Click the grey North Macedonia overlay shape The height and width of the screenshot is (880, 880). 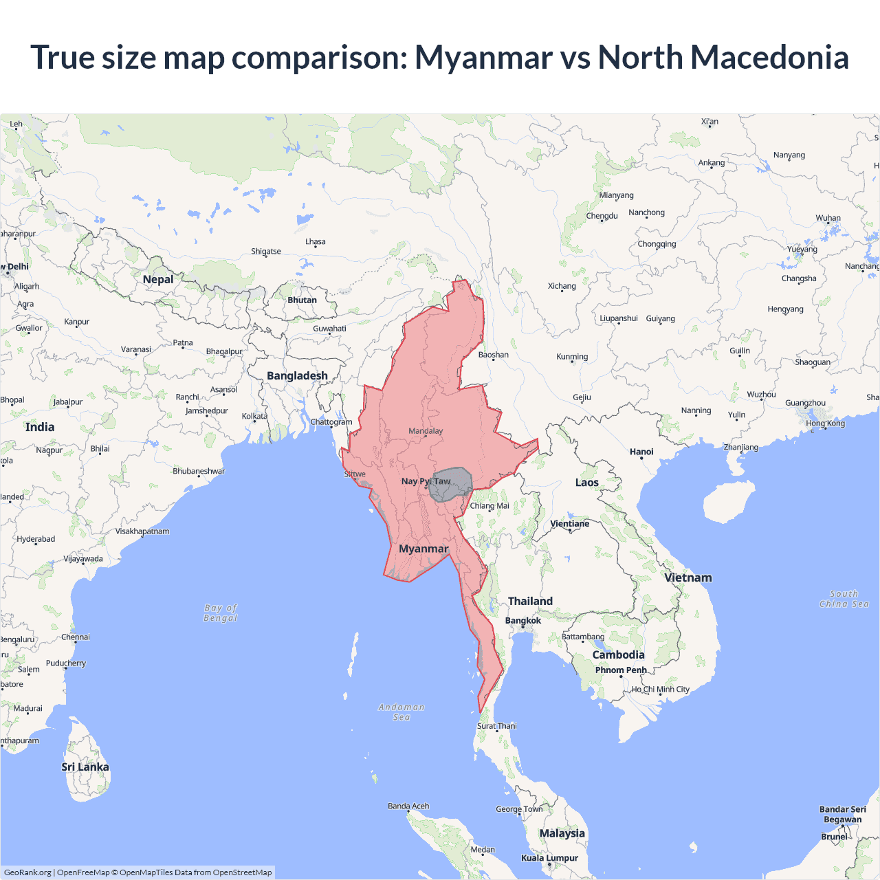pos(450,485)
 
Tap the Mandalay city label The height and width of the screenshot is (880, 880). pos(426,431)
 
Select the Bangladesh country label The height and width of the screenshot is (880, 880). pos(297,375)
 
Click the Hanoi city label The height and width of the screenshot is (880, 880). pos(641,452)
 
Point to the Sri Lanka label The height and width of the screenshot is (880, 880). pos(85,767)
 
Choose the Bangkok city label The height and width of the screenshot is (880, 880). pos(523,620)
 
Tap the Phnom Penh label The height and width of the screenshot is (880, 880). pos(621,670)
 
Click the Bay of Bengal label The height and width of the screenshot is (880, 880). pos(221,613)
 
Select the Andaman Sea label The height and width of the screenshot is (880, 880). pos(401,712)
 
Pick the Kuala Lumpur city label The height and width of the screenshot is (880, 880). pos(549,857)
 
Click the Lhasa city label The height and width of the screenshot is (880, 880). pos(316,242)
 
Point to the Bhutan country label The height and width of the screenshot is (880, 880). pos(302,300)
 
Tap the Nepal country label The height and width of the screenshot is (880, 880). pos(158,279)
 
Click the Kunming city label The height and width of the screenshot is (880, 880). pos(572,357)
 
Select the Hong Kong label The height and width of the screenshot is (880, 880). pos(826,423)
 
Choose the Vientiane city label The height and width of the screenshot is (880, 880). pos(570,523)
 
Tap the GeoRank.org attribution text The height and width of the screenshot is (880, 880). pos(27,872)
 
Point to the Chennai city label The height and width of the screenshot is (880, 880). pos(76,637)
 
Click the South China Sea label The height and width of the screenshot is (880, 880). pos(844,599)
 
